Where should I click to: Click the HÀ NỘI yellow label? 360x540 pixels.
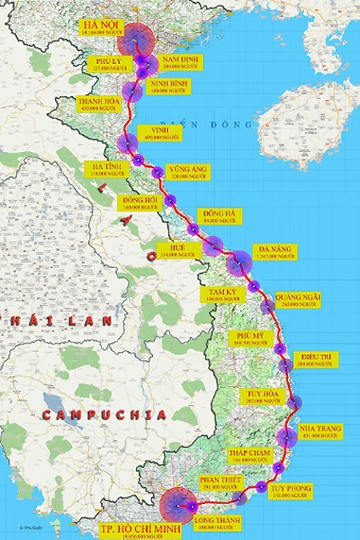(x=104, y=27)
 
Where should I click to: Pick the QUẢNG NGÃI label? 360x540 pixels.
(x=298, y=300)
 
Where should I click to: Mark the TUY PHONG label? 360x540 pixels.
(x=289, y=491)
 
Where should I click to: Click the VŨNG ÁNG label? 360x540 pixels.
(x=187, y=172)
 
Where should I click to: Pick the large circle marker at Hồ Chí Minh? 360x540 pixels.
(x=177, y=505)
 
